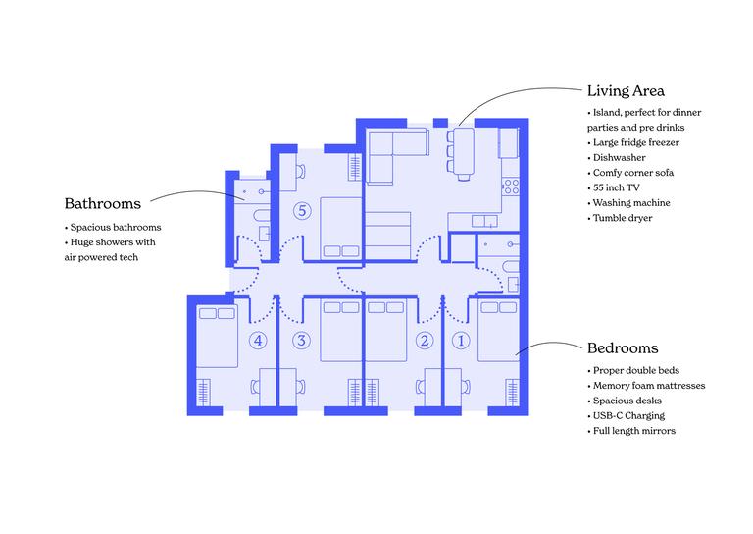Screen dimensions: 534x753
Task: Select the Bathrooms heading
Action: pyautogui.click(x=103, y=204)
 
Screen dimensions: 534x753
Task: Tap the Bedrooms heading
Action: pyautogui.click(x=623, y=348)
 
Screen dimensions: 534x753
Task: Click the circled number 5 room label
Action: pyautogui.click(x=302, y=210)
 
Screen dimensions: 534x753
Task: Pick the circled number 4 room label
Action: pyautogui.click(x=258, y=341)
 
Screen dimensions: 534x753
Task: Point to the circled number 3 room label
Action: pyautogui.click(x=301, y=341)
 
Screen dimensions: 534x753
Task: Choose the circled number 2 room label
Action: pyautogui.click(x=425, y=341)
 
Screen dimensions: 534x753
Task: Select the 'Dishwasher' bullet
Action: pyautogui.click(x=620, y=157)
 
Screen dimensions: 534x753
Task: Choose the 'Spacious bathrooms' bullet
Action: pyautogui.click(x=115, y=228)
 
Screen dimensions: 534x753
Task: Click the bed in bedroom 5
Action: pyautogui.click(x=339, y=226)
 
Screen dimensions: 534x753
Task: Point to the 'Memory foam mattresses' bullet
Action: pyautogui.click(x=648, y=386)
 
